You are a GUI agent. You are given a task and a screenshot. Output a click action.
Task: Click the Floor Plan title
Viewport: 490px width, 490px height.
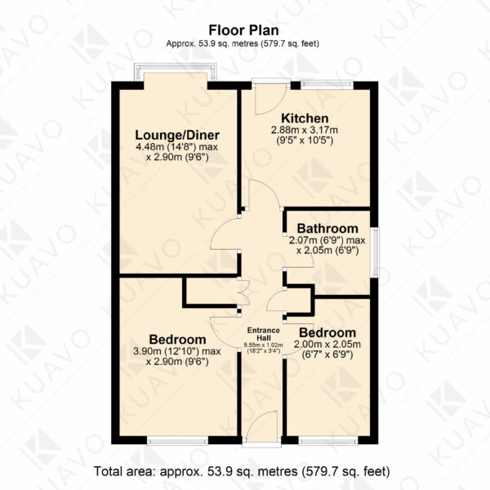pyautogui.click(x=243, y=31)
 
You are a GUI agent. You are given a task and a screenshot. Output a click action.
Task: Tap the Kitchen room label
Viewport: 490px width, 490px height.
pyautogui.click(x=305, y=118)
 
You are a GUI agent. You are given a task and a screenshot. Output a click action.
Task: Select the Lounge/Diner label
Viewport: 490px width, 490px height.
pyautogui.click(x=177, y=135)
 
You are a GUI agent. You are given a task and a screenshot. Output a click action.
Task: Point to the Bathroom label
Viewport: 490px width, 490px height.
pyautogui.click(x=327, y=229)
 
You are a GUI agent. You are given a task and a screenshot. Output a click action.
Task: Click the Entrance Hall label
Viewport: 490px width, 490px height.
pyautogui.click(x=264, y=334)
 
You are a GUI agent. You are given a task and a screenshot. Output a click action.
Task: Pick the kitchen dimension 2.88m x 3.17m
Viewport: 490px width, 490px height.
pyautogui.click(x=305, y=130)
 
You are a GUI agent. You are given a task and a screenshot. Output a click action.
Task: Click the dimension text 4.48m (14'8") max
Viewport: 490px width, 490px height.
pyautogui.click(x=177, y=146)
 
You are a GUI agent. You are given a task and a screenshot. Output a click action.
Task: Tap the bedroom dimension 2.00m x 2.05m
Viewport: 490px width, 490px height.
pyautogui.click(x=327, y=345)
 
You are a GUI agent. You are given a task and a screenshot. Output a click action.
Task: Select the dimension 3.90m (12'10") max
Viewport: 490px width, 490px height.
pyautogui.click(x=177, y=351)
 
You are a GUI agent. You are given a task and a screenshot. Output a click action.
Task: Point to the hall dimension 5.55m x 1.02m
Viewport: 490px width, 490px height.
pyautogui.click(x=263, y=345)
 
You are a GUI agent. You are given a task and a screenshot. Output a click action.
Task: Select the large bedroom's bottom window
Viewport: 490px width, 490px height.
pyautogui.click(x=177, y=441)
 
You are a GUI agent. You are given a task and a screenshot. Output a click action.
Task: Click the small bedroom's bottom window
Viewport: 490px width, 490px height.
pyautogui.click(x=328, y=441)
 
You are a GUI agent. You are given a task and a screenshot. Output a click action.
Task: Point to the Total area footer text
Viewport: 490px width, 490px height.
pyautogui.click(x=242, y=471)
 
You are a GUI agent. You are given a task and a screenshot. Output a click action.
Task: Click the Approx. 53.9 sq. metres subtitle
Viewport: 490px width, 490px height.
pyautogui.click(x=243, y=43)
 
